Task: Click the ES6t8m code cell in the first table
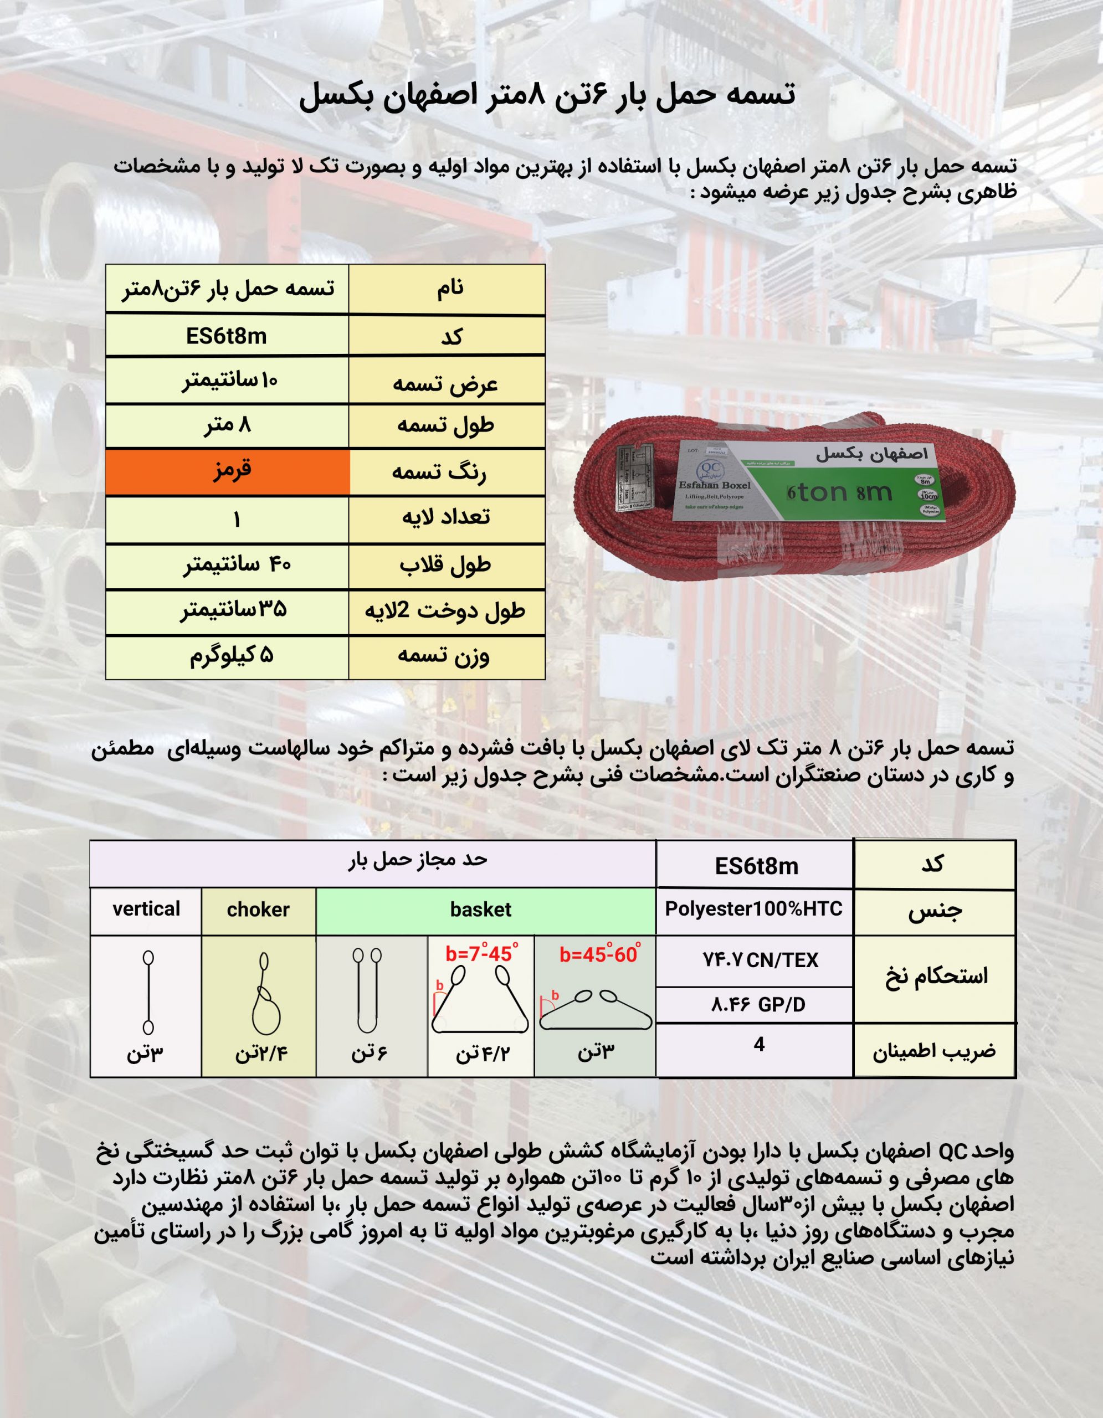tap(227, 336)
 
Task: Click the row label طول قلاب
tap(445, 566)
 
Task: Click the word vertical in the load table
tap(146, 909)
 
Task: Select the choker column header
tap(258, 910)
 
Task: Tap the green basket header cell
tap(480, 910)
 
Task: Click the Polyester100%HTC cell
tap(754, 909)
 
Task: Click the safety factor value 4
tap(759, 1044)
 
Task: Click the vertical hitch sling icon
tap(148, 992)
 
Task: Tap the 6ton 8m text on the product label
tap(839, 493)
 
